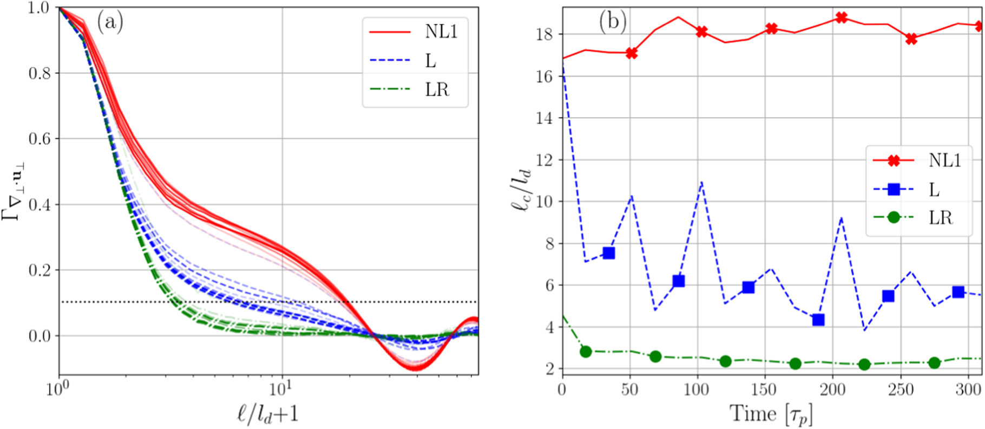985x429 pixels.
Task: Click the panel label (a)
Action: click(x=110, y=22)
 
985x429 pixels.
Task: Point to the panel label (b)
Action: click(x=613, y=22)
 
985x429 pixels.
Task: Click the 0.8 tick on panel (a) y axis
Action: click(x=40, y=73)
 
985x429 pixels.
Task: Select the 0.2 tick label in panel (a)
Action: click(x=40, y=270)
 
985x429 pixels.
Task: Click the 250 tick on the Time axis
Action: click(x=901, y=389)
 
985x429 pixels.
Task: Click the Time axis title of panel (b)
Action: click(x=771, y=414)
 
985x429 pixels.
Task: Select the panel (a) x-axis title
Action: click(x=268, y=414)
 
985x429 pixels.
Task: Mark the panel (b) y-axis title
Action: click(x=521, y=190)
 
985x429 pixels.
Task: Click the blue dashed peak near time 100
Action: click(x=701, y=182)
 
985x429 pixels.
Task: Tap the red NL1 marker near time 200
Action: click(x=841, y=18)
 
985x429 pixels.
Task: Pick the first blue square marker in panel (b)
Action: click(x=609, y=253)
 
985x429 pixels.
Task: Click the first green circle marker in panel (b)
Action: click(x=586, y=352)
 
